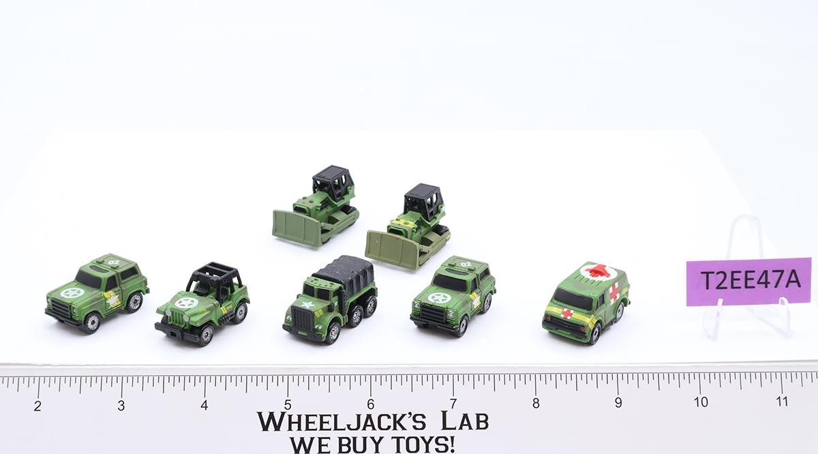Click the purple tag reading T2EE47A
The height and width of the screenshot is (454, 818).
[748, 282]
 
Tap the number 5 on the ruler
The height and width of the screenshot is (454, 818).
[288, 405]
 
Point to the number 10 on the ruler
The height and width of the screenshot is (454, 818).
[701, 402]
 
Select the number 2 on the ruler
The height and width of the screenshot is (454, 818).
[37, 406]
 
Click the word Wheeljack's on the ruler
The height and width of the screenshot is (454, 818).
[342, 421]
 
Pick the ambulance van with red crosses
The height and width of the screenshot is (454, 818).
[586, 303]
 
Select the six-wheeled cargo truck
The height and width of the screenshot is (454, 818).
[330, 299]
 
